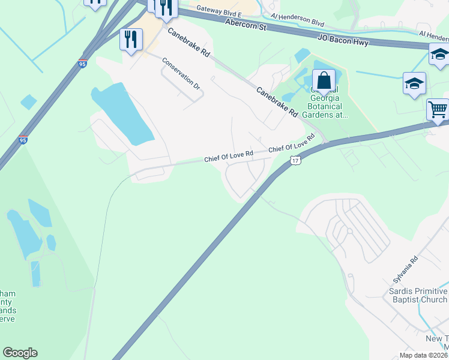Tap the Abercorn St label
[246, 23]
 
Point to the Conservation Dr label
[181, 75]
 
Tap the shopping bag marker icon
[324, 80]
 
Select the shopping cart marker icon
[438, 109]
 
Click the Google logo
[20, 353]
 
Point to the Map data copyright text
[424, 355]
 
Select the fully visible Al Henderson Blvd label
[297, 20]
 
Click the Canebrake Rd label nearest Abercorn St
[188, 43]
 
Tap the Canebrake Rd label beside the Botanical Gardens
[277, 102]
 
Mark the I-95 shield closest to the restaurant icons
[82, 64]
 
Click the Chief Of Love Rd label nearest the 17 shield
[292, 145]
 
